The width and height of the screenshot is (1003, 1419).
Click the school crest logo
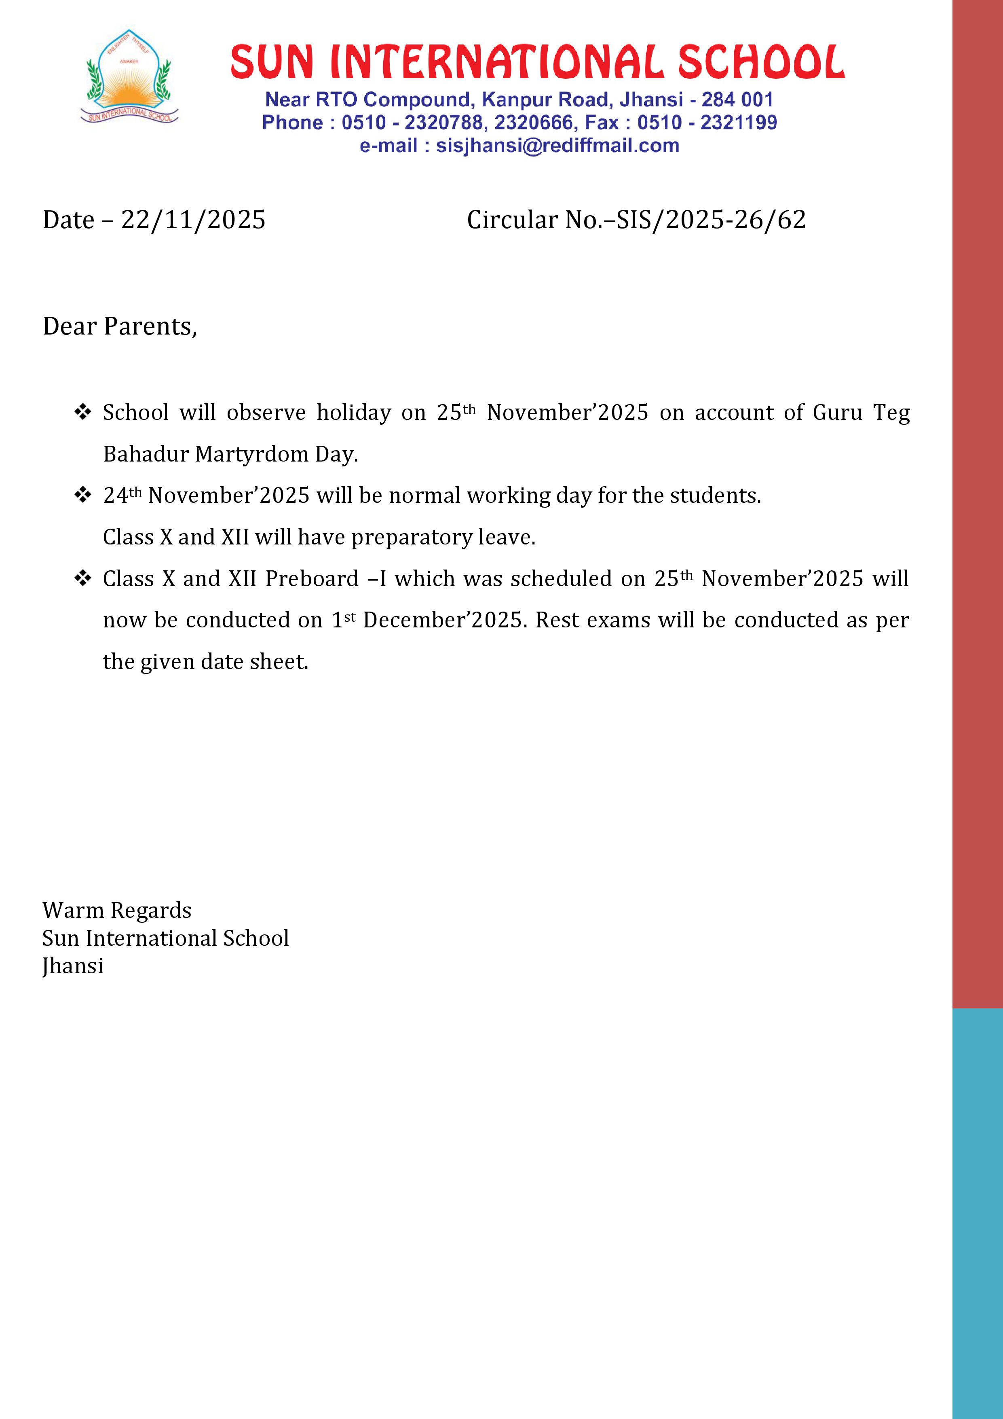[x=129, y=77]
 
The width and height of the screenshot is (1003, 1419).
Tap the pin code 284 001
[x=737, y=100]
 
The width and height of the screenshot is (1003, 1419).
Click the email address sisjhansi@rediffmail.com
[x=557, y=146]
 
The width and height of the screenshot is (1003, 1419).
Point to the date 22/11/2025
[x=193, y=220]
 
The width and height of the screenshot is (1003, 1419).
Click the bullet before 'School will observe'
[x=83, y=412]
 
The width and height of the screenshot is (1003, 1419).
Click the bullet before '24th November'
[x=83, y=495]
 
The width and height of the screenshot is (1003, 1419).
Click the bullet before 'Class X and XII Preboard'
[x=83, y=578]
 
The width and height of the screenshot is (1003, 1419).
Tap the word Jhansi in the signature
[x=73, y=966]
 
